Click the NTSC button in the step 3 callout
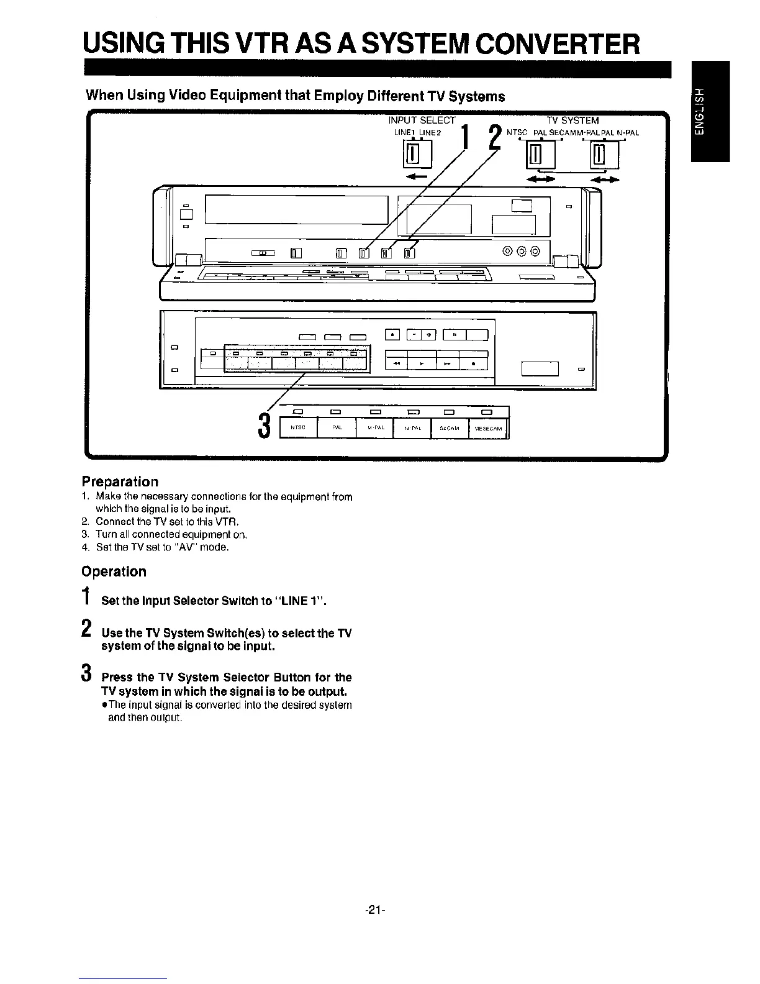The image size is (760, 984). [299, 428]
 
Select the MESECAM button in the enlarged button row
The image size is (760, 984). [488, 428]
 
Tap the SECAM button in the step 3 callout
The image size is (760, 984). [450, 428]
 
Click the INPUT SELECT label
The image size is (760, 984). [422, 121]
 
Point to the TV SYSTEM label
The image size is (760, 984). [572, 121]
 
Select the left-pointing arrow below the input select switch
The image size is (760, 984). [411, 177]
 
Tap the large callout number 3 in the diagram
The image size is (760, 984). [265, 426]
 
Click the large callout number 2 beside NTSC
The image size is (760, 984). [494, 137]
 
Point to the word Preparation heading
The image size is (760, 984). [120, 481]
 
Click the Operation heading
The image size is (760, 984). [114, 572]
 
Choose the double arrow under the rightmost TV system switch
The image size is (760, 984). [605, 180]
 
